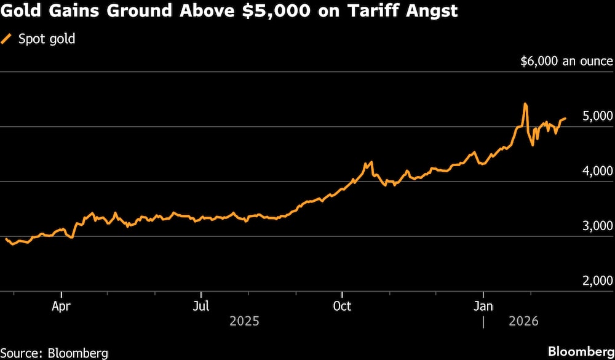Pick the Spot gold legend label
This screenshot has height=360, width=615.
46,39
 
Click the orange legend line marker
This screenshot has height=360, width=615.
8,39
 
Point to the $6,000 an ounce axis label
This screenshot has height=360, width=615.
566,62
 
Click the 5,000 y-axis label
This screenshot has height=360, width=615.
597,116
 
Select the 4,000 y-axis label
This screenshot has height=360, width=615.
597,171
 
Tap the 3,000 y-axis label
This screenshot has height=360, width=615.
597,226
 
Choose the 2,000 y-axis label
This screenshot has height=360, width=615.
597,281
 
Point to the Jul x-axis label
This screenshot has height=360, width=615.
201,306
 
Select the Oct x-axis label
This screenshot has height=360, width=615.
342,306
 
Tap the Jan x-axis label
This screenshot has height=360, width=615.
483,306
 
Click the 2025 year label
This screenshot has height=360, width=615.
244,321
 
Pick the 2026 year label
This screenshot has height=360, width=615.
523,321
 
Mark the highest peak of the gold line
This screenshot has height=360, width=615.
525,104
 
